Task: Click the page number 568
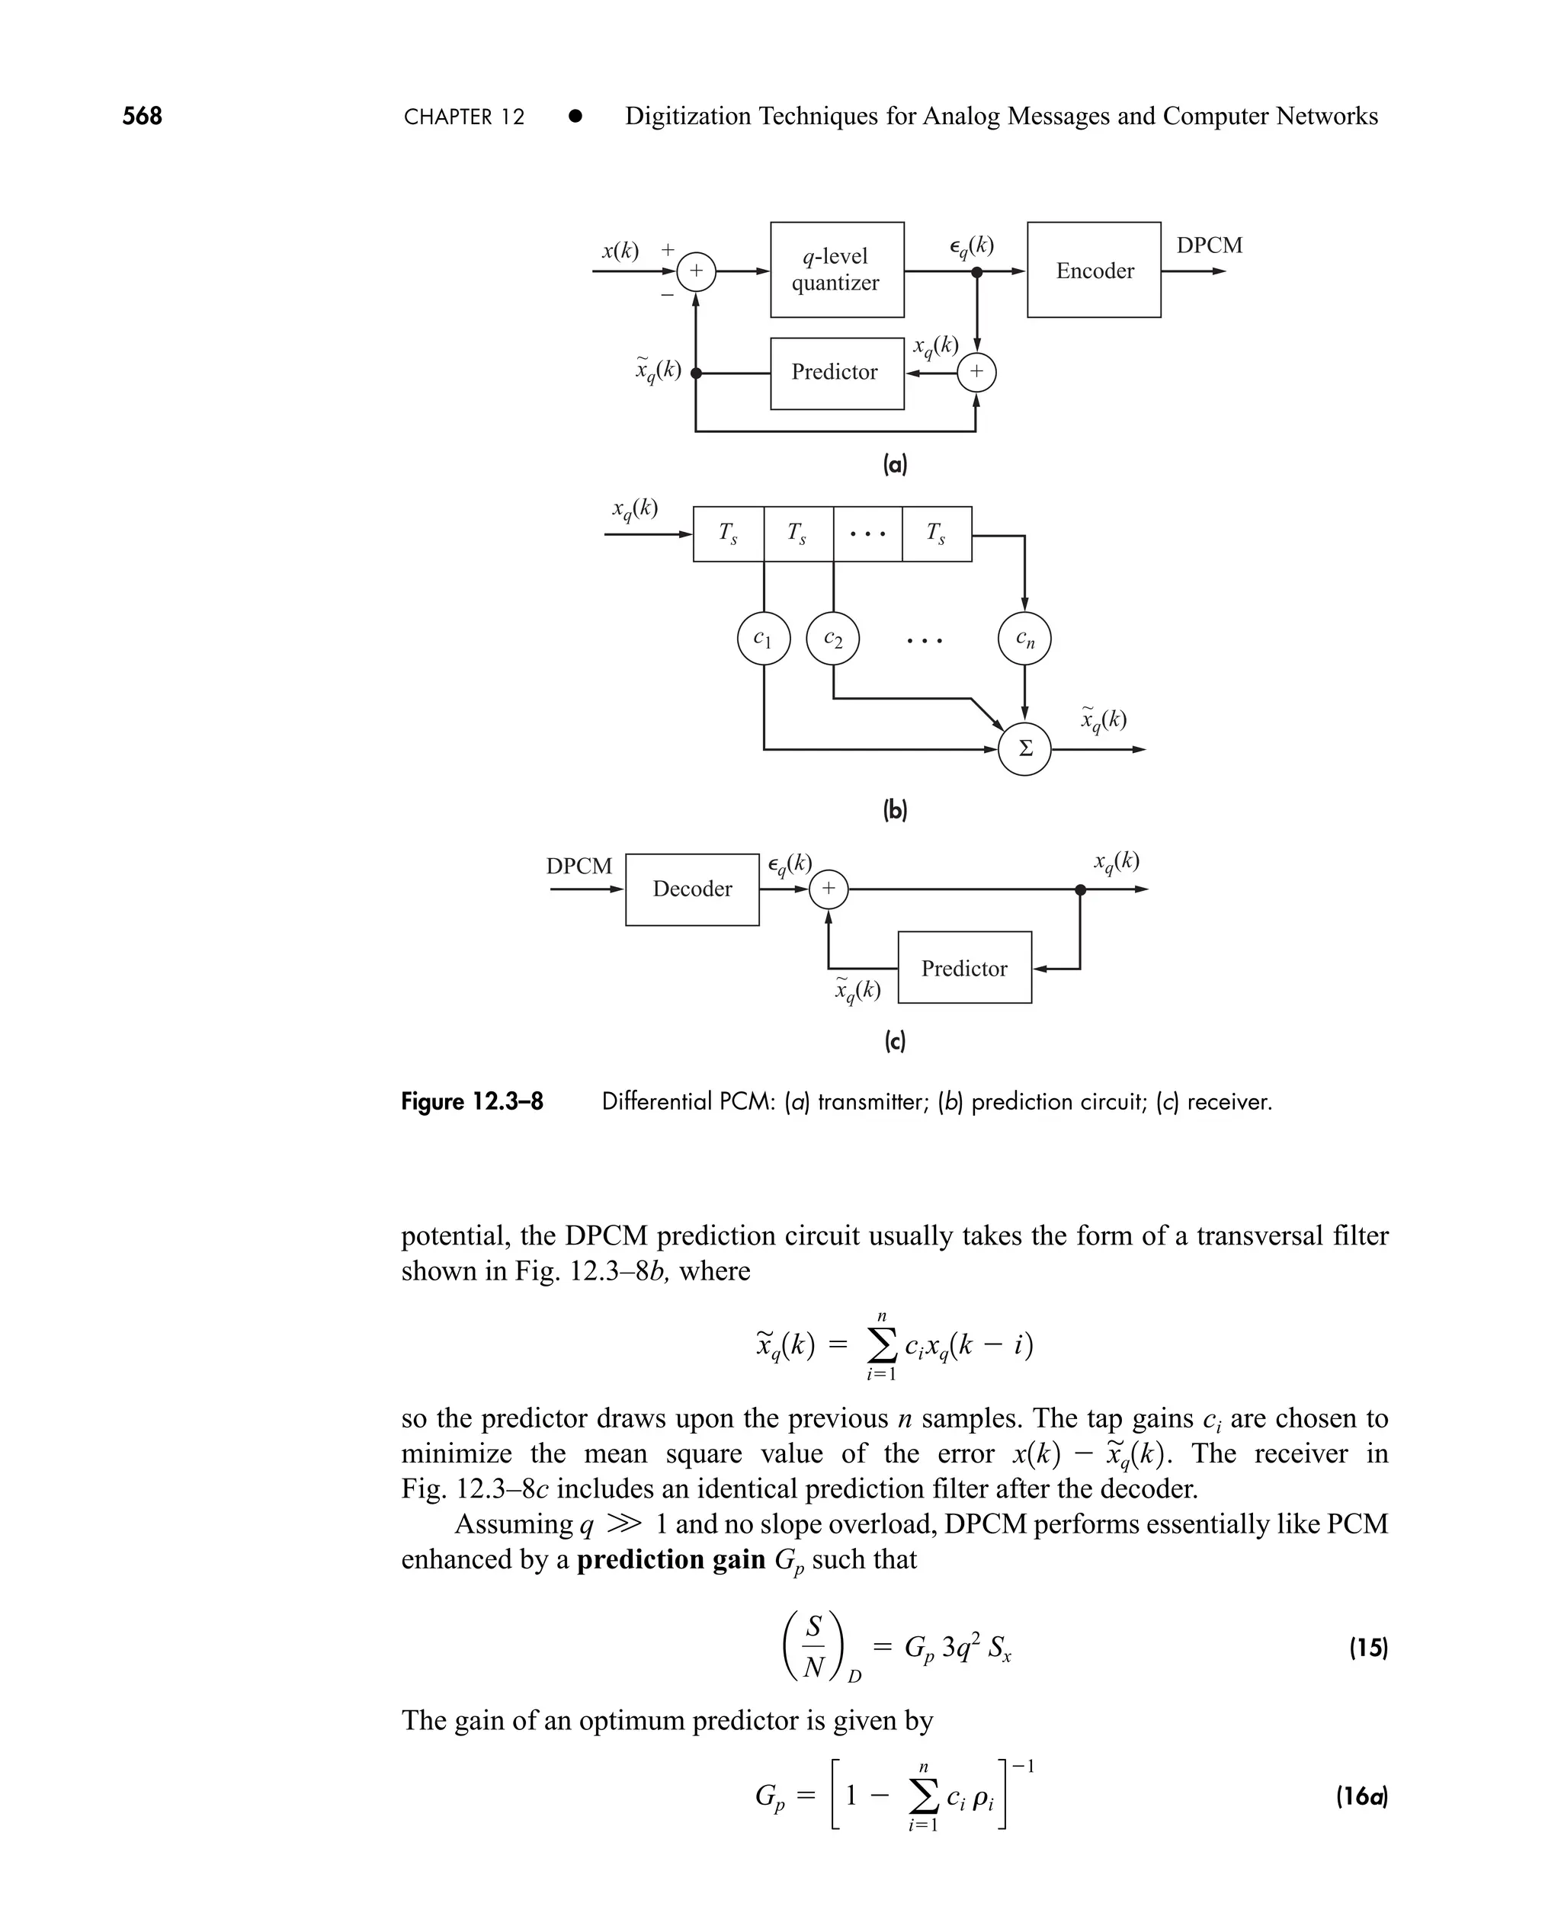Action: [x=142, y=116]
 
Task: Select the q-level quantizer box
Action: [x=836, y=270]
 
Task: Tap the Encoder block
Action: [x=1094, y=270]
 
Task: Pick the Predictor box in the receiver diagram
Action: [x=964, y=967]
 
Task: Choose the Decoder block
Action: [x=691, y=889]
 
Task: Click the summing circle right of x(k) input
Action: [x=696, y=271]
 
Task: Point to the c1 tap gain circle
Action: [x=764, y=639]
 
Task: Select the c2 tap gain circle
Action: [x=834, y=639]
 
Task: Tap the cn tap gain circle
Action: [x=1024, y=639]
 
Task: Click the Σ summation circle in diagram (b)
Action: [x=1024, y=749]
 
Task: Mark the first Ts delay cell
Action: [x=729, y=534]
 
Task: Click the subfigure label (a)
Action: [x=895, y=465]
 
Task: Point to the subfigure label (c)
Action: [x=895, y=1041]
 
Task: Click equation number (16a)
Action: [x=1361, y=1796]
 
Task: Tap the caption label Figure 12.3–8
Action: [x=472, y=1101]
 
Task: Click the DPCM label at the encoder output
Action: [x=1210, y=245]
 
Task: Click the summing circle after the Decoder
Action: [x=829, y=889]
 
